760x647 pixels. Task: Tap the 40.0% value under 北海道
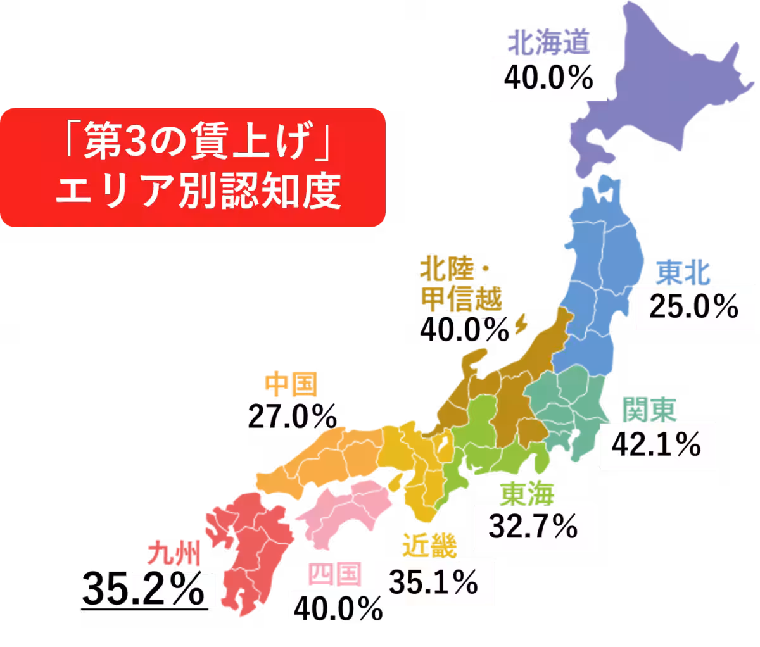tap(548, 79)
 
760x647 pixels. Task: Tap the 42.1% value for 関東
tap(656, 444)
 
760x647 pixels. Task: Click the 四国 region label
tap(335, 575)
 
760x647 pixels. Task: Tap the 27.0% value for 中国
tap(291, 415)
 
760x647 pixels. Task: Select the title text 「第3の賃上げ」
tap(194, 148)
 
